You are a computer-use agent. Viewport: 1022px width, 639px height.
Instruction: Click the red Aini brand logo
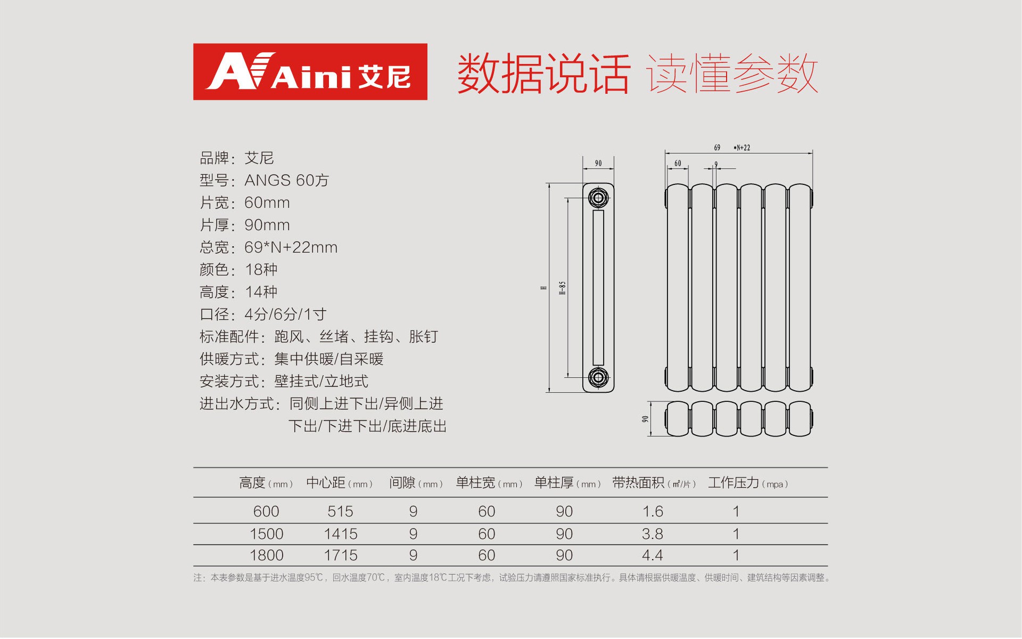coord(310,71)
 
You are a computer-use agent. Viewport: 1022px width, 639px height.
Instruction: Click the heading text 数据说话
coord(544,74)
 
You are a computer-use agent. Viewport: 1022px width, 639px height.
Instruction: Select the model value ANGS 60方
coord(286,180)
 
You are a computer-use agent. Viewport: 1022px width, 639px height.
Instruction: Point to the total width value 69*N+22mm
coord(291,247)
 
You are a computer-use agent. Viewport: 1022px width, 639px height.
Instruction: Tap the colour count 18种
coord(261,270)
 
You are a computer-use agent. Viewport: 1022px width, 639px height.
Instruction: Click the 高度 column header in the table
coord(266,483)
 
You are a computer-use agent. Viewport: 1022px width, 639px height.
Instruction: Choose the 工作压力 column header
coord(748,483)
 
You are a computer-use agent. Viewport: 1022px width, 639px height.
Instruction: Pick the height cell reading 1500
coord(266,534)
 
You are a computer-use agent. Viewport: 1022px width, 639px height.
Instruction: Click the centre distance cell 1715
coord(341,555)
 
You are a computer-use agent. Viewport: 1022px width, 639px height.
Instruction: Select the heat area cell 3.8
coord(653,534)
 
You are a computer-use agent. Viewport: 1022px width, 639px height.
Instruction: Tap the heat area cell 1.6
coord(653,512)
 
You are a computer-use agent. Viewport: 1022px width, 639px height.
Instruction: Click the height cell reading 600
coord(266,512)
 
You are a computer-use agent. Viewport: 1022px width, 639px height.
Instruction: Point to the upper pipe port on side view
coord(598,198)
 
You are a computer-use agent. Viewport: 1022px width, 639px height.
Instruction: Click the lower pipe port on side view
coord(598,377)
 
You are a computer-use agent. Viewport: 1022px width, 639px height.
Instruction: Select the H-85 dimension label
coord(562,288)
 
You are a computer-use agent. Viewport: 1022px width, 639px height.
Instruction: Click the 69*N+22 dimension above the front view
coord(732,148)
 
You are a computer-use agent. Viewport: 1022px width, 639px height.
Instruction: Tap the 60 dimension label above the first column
coord(678,163)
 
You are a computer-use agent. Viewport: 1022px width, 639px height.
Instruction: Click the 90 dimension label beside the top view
coord(645,419)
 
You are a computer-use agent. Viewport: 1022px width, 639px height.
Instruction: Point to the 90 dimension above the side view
coord(598,163)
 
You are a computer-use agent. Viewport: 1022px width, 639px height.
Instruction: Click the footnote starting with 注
coord(512,578)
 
